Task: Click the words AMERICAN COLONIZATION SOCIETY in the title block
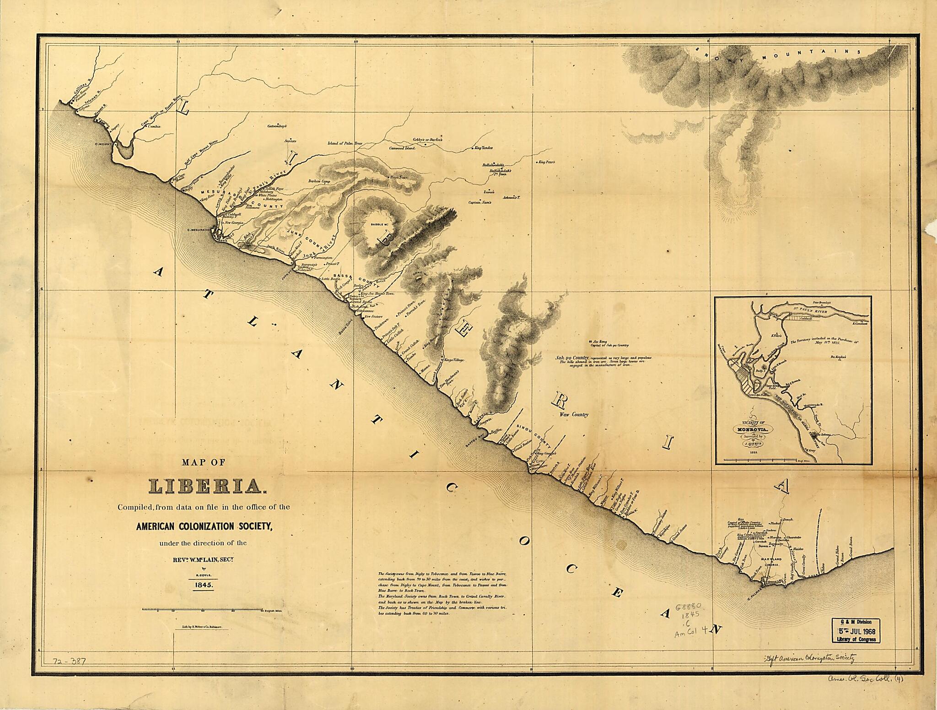[x=204, y=526]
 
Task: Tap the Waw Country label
[x=574, y=414]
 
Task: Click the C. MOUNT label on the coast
[x=103, y=144]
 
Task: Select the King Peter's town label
[x=546, y=162]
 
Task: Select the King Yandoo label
[x=483, y=148]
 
